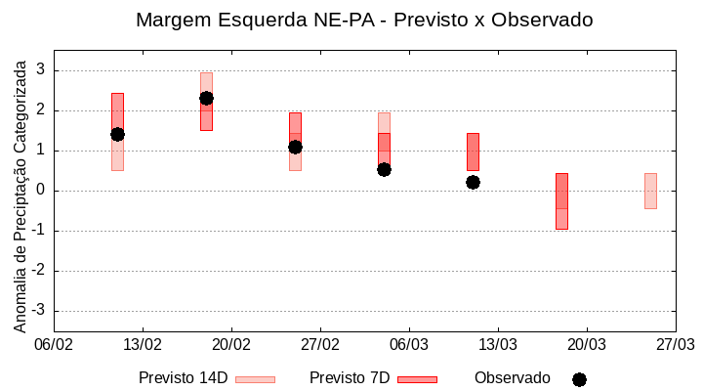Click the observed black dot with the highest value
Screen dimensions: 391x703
(x=206, y=98)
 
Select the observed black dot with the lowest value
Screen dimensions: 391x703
(x=473, y=182)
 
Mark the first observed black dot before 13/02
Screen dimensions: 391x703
(x=117, y=134)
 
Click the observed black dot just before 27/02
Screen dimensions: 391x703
(x=295, y=147)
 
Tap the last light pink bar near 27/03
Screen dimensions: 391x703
(x=650, y=191)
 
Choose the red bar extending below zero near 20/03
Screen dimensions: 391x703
(x=561, y=201)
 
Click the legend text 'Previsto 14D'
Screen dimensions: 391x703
(x=183, y=378)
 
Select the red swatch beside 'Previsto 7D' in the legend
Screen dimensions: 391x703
(x=417, y=379)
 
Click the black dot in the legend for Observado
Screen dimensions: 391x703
(x=579, y=379)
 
